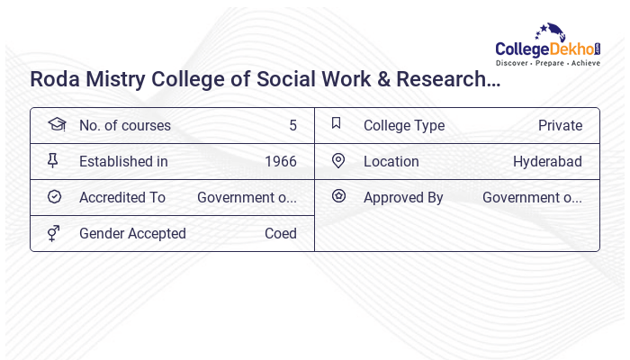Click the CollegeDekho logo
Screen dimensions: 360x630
548,46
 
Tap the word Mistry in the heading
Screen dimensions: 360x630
117,79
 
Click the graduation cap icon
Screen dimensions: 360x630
56,124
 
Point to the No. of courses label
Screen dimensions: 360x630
124,126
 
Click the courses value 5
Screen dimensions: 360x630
292,126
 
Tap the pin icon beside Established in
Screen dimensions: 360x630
53,161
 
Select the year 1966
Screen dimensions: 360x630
280,162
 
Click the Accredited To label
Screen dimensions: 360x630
122,198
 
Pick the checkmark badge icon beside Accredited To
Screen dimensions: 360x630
54,196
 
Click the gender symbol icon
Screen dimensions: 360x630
54,233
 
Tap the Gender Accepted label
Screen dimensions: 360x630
132,234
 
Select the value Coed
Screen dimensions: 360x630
280,234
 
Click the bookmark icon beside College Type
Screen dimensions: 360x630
337,123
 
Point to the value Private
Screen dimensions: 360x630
560,126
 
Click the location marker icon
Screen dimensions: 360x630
338,160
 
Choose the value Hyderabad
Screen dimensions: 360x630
547,162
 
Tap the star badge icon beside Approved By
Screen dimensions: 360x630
338,195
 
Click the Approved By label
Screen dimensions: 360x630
403,198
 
